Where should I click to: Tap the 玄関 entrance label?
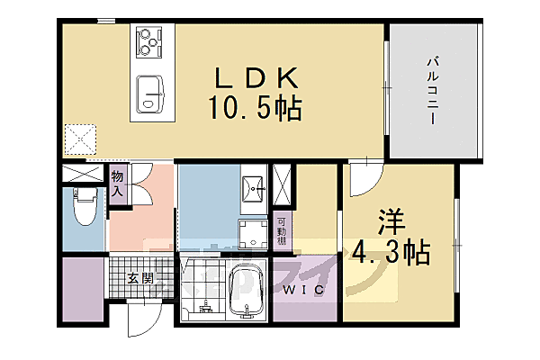(x=140, y=278)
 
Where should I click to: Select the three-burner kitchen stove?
(x=148, y=40)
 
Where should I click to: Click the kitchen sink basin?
(x=151, y=94)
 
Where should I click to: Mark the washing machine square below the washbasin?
(x=254, y=233)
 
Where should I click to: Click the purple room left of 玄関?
(x=84, y=291)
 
